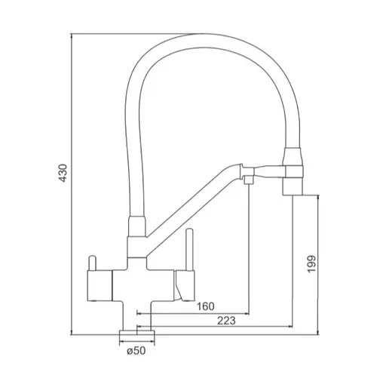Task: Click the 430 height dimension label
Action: tap(63, 173)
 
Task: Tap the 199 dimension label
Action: tap(311, 264)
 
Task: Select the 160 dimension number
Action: tap(206, 306)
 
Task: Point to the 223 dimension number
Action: tap(226, 321)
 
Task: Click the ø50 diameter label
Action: tap(136, 351)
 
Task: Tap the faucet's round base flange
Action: tap(137, 333)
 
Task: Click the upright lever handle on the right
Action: tap(189, 250)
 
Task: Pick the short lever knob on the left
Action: tap(92, 263)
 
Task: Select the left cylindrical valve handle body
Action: tap(100, 285)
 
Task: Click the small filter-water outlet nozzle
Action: tap(249, 180)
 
